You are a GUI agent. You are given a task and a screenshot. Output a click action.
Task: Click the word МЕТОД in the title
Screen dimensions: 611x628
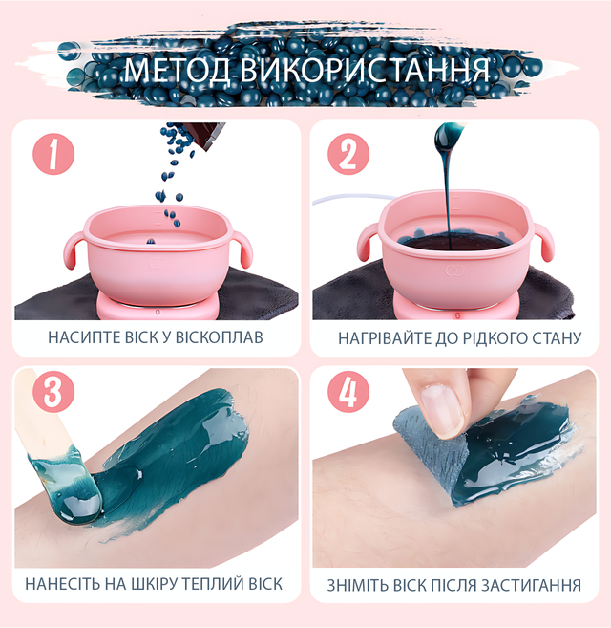point(178,71)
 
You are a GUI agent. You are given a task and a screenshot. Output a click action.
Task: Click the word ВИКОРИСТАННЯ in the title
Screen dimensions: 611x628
point(365,71)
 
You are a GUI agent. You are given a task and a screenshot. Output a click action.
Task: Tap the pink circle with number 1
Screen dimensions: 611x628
point(53,154)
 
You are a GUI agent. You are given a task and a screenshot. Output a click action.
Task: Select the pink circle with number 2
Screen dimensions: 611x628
point(348,154)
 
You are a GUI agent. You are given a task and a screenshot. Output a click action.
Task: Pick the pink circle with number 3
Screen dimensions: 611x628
point(53,391)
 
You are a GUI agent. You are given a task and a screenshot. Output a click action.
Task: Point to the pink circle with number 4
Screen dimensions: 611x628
point(348,391)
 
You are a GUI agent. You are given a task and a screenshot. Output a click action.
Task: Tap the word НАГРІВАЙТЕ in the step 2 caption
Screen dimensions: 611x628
point(385,338)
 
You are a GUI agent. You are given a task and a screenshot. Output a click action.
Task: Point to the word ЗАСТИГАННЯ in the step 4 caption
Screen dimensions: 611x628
point(531,586)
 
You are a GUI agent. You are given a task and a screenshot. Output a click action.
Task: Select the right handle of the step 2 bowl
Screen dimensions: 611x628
point(543,242)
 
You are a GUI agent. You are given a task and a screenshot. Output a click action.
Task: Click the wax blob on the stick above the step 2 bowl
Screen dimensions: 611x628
point(449,139)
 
